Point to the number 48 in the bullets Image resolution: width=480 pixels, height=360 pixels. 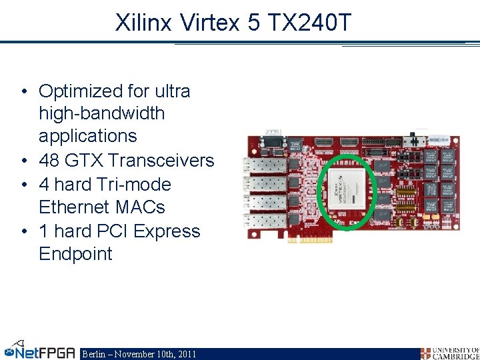tap(50, 161)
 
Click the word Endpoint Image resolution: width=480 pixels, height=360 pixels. tap(75, 254)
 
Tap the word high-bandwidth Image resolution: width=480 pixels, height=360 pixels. tap(101, 113)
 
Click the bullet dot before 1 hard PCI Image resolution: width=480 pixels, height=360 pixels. tap(24, 231)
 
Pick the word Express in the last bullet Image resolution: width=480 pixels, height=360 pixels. tap(167, 231)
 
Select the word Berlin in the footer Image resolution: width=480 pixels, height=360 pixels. tap(93, 354)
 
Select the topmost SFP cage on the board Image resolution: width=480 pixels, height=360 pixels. tap(267, 165)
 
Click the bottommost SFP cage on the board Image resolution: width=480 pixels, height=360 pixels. tap(267, 221)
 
